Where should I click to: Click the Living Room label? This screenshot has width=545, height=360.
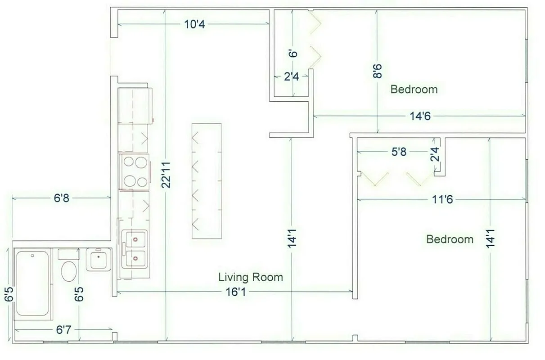click(251, 277)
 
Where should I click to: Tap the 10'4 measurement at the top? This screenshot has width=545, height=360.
click(194, 24)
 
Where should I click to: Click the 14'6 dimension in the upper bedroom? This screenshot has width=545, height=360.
click(420, 116)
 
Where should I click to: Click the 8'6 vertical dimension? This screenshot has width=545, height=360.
click(377, 71)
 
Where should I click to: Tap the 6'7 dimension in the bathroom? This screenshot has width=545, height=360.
click(63, 330)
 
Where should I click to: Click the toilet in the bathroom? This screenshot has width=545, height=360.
click(69, 270)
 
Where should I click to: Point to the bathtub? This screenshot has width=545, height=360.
click(32, 283)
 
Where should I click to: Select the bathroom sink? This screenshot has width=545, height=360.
click(98, 259)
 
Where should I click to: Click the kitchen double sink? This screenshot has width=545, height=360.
click(134, 249)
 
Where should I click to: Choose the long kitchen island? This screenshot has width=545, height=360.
click(207, 181)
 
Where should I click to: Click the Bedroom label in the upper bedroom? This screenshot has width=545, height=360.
click(414, 89)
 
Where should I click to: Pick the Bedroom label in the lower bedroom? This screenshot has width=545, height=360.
click(450, 239)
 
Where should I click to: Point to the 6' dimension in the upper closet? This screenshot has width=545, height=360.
click(293, 54)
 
